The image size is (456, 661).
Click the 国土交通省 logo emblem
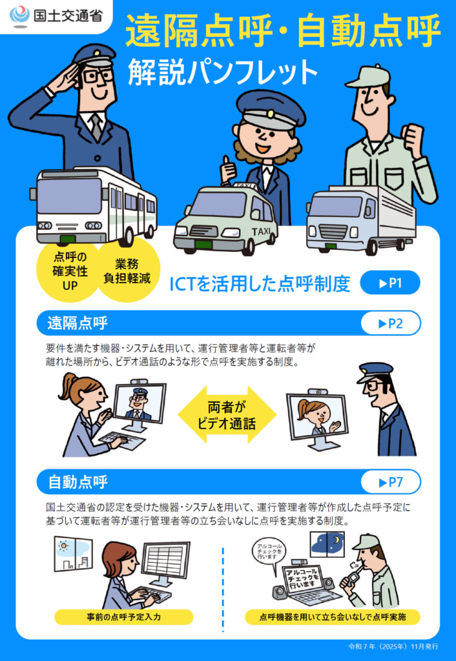[21, 14]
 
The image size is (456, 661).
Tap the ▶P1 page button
[390, 283]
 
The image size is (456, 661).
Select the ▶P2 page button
[390, 323]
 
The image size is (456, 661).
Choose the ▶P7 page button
[390, 482]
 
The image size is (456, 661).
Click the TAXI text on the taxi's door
[261, 231]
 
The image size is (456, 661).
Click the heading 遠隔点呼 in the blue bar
[78, 323]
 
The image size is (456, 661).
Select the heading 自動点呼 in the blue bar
[78, 482]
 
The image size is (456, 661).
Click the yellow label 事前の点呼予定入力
[123, 617]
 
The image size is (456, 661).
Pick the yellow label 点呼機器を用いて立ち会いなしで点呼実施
[333, 617]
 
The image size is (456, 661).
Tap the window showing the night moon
[327, 545]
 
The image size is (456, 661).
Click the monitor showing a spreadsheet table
[165, 560]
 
